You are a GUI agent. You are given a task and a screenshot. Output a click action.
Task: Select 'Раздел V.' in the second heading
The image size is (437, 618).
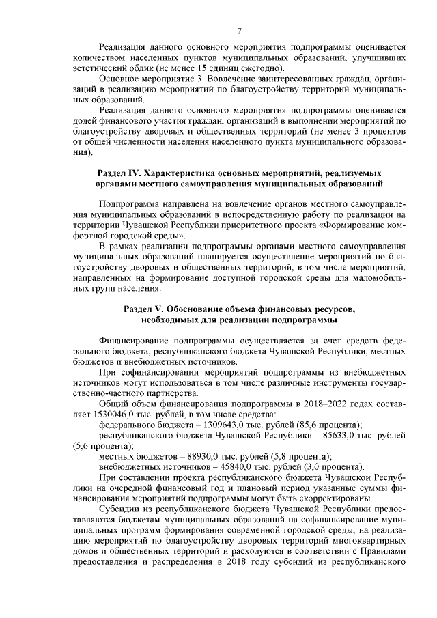pyautogui.click(x=145, y=309)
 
